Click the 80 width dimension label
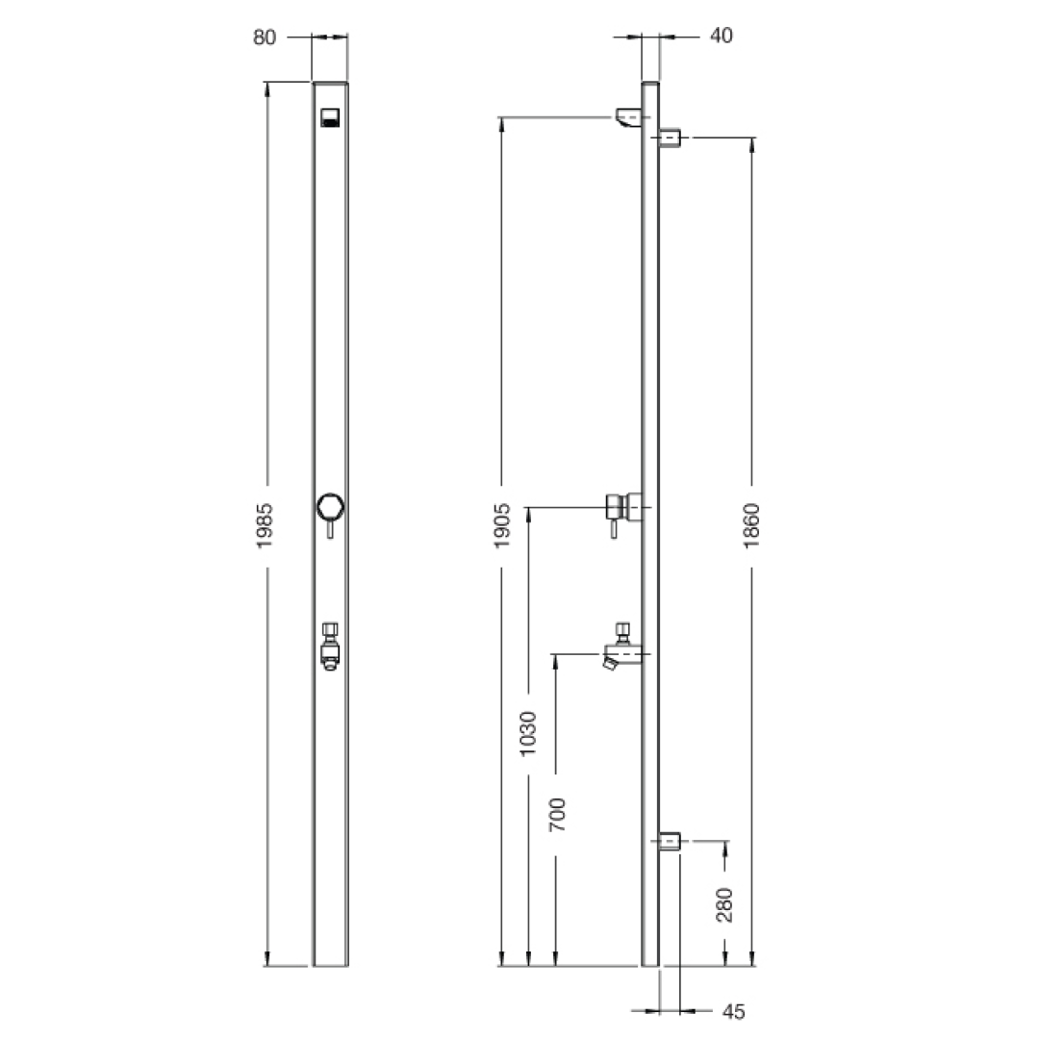pos(265,37)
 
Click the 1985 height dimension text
pos(266,525)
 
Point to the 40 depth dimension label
pos(721,37)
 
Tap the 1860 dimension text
pos(752,525)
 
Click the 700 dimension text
pos(557,815)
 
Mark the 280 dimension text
pos(725,904)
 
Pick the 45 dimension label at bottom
pos(733,1011)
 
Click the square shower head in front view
pos(330,118)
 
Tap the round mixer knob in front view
pos(330,506)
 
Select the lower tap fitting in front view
pos(330,645)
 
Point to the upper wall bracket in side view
pos(671,138)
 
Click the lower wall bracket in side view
pos(671,841)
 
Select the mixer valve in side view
pos(623,506)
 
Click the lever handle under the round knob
pos(330,530)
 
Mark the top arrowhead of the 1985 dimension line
pos(266,88)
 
